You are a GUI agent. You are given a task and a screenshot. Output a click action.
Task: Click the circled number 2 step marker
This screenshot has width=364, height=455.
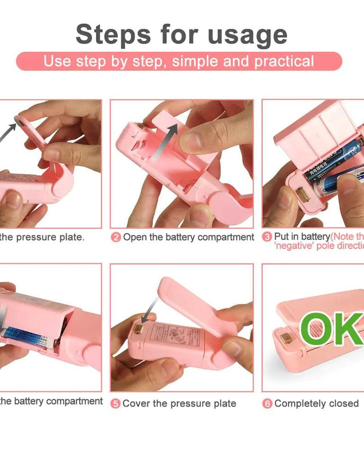pyautogui.click(x=116, y=237)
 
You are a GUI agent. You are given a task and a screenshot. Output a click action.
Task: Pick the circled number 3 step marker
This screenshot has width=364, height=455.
pyautogui.click(x=267, y=237)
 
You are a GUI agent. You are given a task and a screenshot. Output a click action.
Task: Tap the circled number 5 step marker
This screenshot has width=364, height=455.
pyautogui.click(x=115, y=404)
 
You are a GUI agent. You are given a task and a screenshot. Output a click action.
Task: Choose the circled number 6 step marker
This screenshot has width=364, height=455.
pyautogui.click(x=267, y=404)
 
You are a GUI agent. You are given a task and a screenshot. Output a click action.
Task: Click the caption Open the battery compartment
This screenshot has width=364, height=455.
pyautogui.click(x=188, y=237)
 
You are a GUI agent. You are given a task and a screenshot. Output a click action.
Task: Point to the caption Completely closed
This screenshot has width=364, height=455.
pyautogui.click(x=316, y=404)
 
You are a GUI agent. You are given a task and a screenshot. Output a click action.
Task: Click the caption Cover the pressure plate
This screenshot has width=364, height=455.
pyautogui.click(x=179, y=404)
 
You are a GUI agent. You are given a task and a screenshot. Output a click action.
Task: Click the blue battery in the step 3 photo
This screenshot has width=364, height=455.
pyautogui.click(x=333, y=161)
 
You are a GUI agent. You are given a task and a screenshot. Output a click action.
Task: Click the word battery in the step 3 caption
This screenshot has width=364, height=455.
pyautogui.click(x=314, y=237)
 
